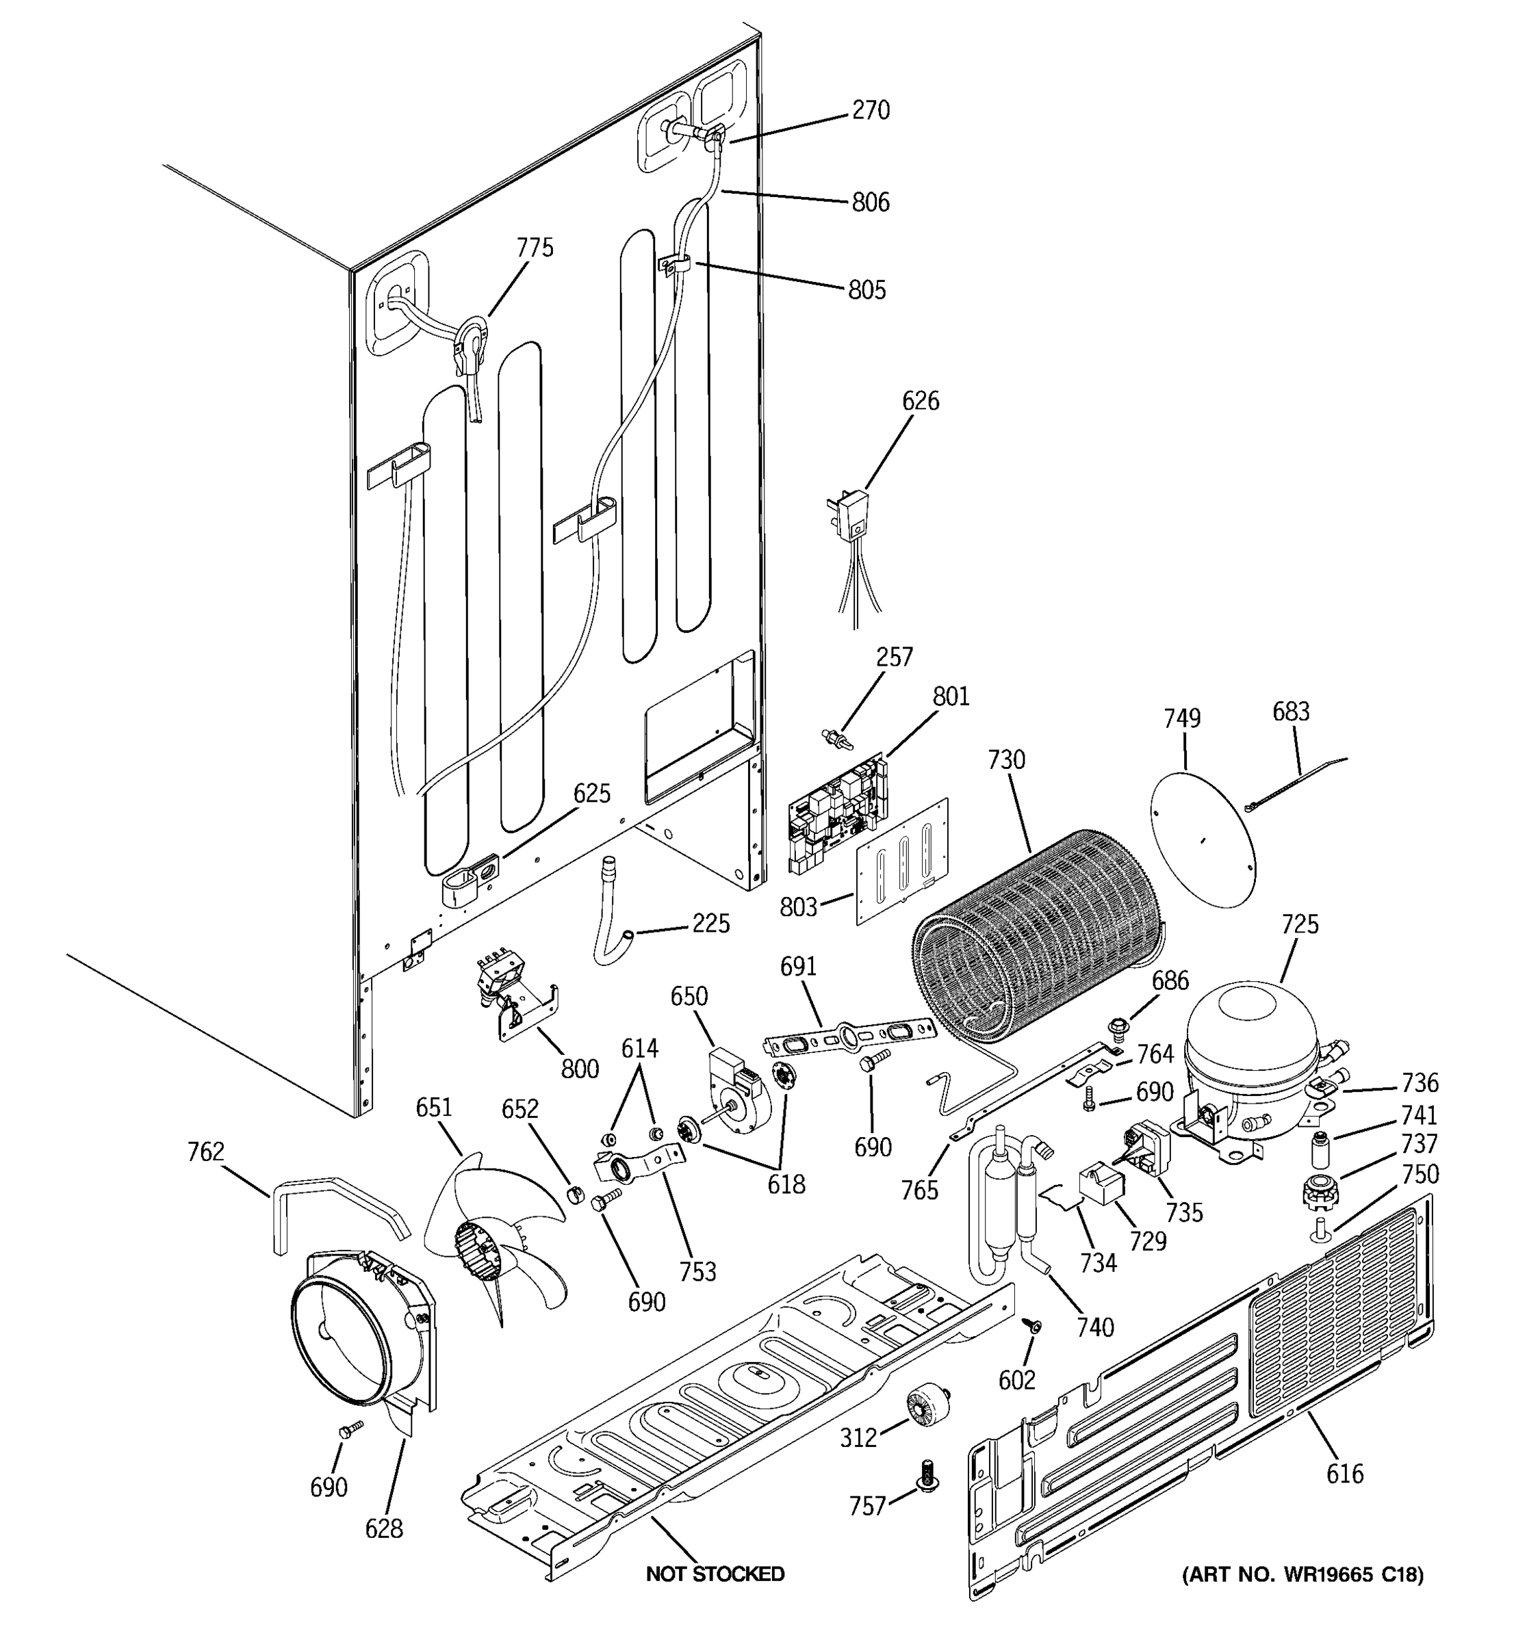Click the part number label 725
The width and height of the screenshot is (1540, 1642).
tap(1300, 924)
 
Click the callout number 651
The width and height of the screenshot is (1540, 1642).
tap(434, 1108)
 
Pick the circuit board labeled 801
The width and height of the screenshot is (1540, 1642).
tap(836, 813)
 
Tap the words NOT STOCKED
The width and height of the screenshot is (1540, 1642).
tap(715, 1574)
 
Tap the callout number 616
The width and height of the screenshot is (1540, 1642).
tap(1344, 1474)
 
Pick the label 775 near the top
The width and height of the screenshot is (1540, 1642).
tap(535, 247)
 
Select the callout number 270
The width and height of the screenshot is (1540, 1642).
tap(870, 110)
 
